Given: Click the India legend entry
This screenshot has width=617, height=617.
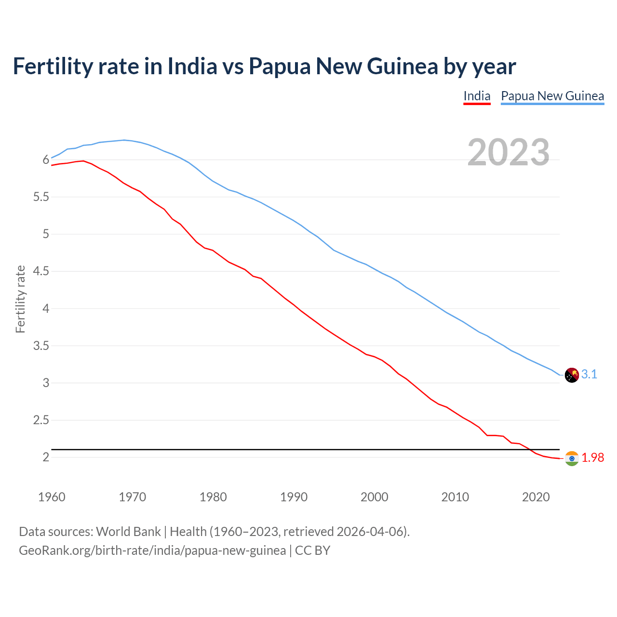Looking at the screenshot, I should coord(477,96).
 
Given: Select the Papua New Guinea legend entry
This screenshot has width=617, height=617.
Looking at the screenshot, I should coord(552,96).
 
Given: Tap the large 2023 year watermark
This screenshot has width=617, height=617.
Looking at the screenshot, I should coord(509,152).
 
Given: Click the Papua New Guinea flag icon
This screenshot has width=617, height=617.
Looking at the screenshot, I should coord(572,375).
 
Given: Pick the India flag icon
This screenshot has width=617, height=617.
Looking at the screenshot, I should coord(572,458).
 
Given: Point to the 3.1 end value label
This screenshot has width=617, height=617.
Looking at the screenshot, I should coord(589,374).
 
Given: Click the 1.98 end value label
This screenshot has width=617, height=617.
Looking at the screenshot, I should coord(592,458).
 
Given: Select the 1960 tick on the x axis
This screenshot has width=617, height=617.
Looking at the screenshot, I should coord(52,497).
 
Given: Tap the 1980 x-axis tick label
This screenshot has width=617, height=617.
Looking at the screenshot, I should coord(213,497).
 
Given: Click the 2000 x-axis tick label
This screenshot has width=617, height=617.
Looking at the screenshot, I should coord(374,497).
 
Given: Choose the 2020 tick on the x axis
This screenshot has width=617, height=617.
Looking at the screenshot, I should coord(536,497).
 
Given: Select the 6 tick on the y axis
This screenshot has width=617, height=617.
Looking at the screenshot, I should coord(46,160).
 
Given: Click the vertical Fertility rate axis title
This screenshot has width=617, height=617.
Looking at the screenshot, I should coord(20,299).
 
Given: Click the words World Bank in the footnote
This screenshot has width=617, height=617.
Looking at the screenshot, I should coord(128,532).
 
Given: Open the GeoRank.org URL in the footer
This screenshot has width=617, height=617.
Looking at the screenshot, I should coord(152,550).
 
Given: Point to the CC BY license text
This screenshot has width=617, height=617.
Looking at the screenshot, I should coord(312,550).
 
